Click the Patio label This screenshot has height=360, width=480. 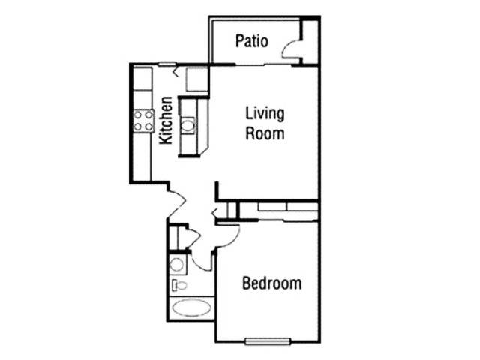coord(252,41)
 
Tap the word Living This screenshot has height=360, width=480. coord(265,114)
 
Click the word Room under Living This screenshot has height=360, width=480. coord(265,133)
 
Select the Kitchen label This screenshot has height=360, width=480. coord(166,120)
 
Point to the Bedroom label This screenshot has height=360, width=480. coord(271,283)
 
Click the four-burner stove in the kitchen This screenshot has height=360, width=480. coord(143,121)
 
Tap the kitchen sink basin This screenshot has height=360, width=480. coord(187,125)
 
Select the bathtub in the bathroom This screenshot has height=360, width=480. coord(192,308)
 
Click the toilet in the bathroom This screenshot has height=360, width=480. coord(179,285)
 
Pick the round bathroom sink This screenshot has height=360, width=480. coord(177,265)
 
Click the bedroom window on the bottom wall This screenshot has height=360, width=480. coord(268,341)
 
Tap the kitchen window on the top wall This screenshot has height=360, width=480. coord(167,64)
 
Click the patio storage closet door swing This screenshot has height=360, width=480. coord(290,49)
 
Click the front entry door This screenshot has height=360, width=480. coord(177,203)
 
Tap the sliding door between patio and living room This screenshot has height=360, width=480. coord(263,64)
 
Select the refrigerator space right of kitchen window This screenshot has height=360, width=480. coord(197,79)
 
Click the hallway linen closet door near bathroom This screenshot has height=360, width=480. coord(193,237)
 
